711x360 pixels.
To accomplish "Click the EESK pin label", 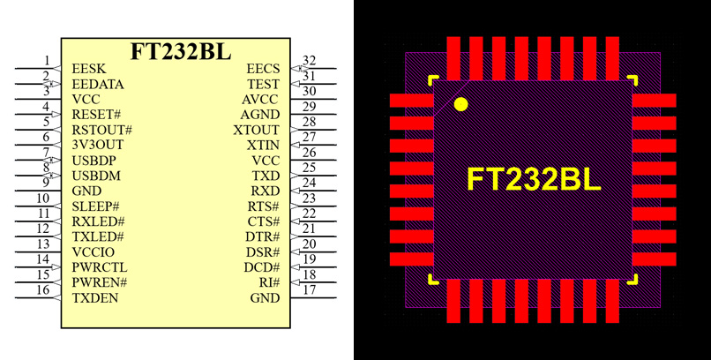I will (x=87, y=69).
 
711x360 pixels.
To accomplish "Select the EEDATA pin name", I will (x=97, y=84).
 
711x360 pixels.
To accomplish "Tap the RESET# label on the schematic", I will (x=95, y=115).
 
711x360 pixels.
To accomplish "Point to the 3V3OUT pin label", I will (x=97, y=145).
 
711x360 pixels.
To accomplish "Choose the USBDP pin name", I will (x=94, y=161).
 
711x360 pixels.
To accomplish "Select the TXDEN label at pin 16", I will (x=94, y=297).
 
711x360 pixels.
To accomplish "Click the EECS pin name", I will (x=262, y=69).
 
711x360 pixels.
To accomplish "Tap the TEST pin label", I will (x=263, y=84).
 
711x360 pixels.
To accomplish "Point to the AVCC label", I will (x=260, y=100).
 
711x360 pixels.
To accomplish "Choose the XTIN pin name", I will (x=263, y=145).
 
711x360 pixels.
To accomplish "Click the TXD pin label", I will (x=266, y=176).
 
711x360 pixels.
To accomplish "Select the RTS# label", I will (x=263, y=206).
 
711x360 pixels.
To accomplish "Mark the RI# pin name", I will (x=269, y=282).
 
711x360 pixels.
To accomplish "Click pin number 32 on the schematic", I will (x=309, y=61).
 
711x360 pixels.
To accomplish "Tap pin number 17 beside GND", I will (x=309, y=289).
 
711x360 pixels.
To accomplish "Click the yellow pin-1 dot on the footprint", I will (x=460, y=105).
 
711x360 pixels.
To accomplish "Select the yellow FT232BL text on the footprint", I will (x=533, y=180).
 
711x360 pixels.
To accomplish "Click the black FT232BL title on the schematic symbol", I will (x=181, y=50).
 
